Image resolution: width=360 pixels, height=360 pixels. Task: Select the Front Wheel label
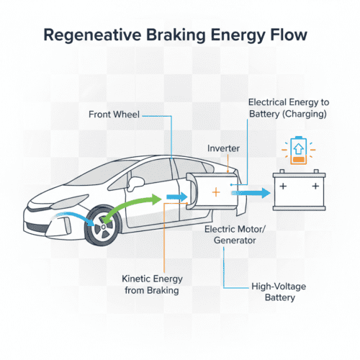(x=114, y=113)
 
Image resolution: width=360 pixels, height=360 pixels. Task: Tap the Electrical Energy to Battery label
(x=287, y=109)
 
